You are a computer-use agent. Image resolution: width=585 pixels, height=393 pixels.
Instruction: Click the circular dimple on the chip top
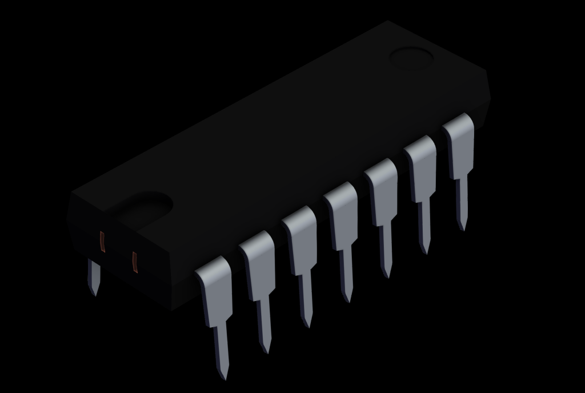click(x=411, y=58)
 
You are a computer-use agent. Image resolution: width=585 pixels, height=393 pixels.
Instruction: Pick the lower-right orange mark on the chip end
click(x=135, y=261)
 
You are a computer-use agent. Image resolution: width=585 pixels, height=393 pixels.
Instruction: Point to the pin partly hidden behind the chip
click(x=93, y=276)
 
